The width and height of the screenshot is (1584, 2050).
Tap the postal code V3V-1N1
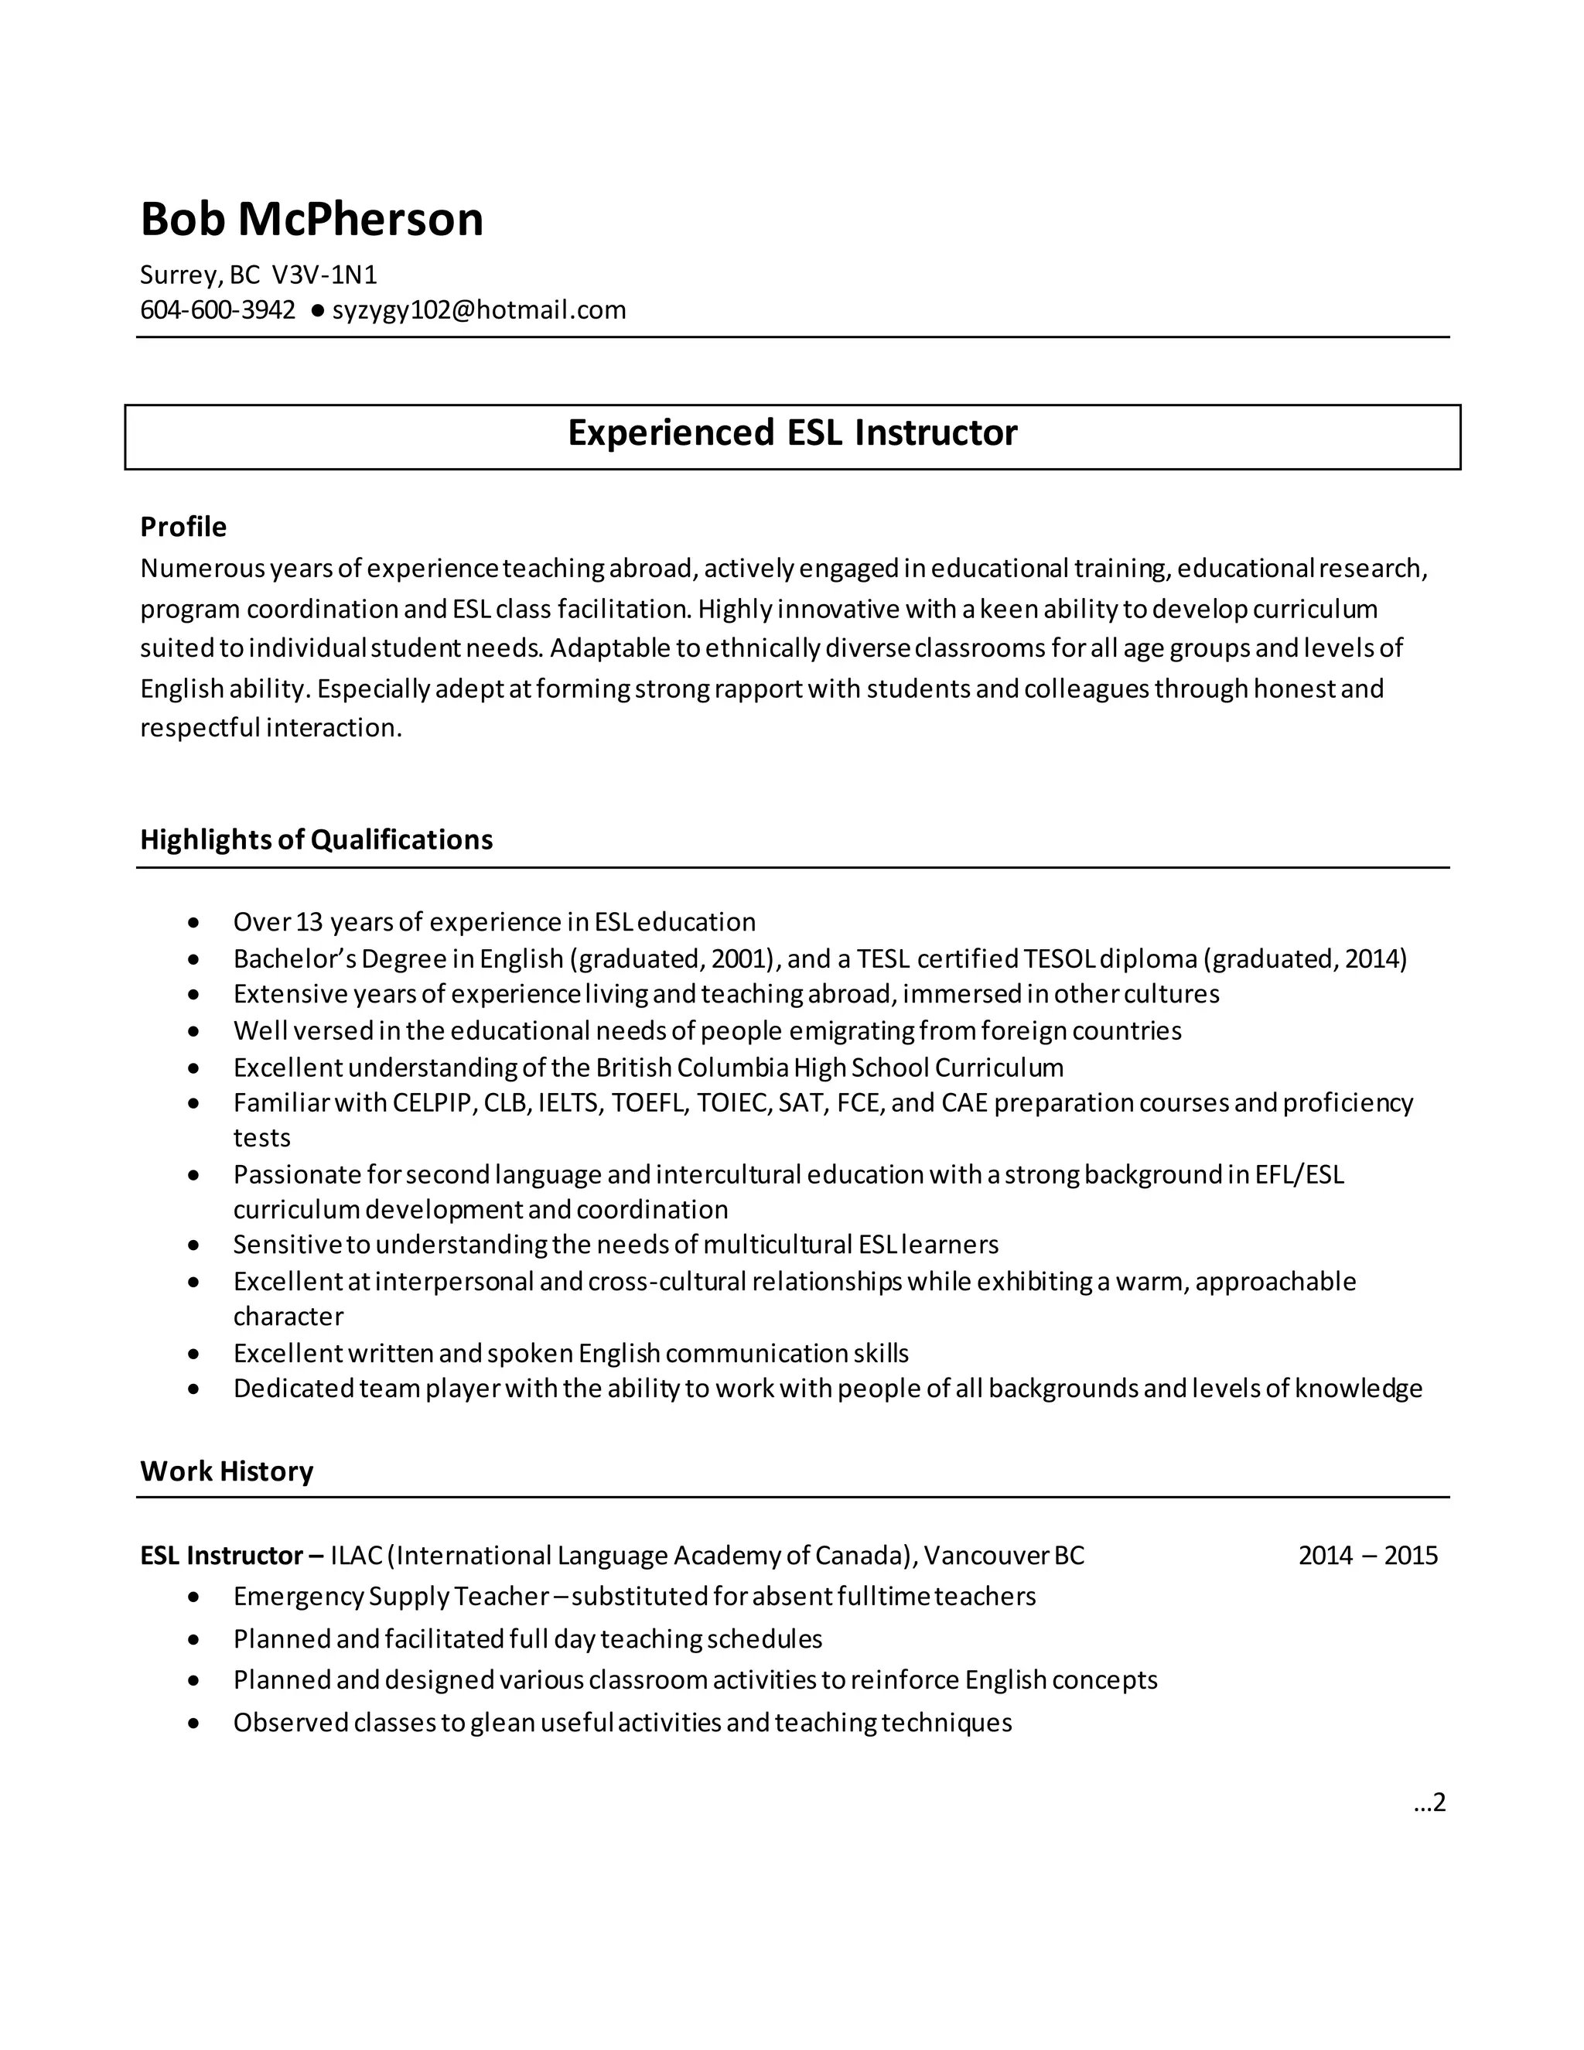point(324,275)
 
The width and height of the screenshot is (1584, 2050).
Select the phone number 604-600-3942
point(217,309)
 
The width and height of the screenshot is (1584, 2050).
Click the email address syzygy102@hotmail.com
point(479,309)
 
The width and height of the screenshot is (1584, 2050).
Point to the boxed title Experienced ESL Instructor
point(792,432)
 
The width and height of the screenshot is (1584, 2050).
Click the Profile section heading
point(183,527)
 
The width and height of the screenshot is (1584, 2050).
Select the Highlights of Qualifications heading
point(316,839)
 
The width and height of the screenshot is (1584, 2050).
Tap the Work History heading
point(226,1471)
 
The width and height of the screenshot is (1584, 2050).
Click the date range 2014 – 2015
point(1367,1556)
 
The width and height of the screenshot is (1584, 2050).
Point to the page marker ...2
point(1429,1802)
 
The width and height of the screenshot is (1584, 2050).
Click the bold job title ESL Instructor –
point(232,1556)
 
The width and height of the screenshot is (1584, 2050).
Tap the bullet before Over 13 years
point(193,924)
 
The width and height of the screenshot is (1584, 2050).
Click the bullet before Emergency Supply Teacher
point(193,1597)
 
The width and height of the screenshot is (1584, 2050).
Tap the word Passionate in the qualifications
point(295,1175)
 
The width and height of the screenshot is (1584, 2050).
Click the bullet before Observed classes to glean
point(193,1724)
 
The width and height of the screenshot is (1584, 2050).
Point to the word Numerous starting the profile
point(202,569)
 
